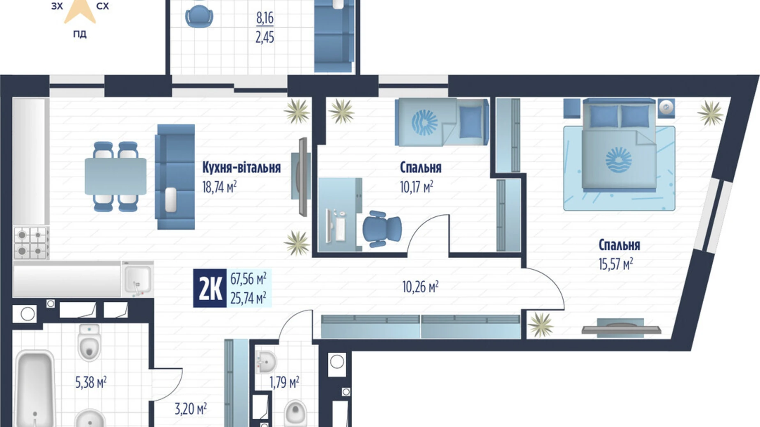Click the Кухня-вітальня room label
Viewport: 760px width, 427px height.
point(241,168)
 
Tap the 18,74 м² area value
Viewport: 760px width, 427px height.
point(219,187)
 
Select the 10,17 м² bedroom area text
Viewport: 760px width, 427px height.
point(416,187)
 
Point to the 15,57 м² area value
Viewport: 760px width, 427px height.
point(615,264)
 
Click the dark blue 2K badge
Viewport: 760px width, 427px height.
point(210,289)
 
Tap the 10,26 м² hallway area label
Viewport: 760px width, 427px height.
point(420,287)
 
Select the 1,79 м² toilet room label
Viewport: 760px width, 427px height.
point(284,383)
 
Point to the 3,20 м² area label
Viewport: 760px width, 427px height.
point(190,409)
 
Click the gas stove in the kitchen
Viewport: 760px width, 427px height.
point(31,243)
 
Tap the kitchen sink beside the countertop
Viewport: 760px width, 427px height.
point(137,279)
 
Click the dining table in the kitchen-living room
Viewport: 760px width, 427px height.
point(115,177)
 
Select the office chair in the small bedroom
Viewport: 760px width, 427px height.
point(381,229)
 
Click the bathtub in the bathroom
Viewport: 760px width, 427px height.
point(35,388)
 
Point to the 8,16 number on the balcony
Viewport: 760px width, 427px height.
point(265,18)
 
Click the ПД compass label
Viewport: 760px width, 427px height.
point(80,34)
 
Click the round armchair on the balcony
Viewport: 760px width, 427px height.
point(199,16)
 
